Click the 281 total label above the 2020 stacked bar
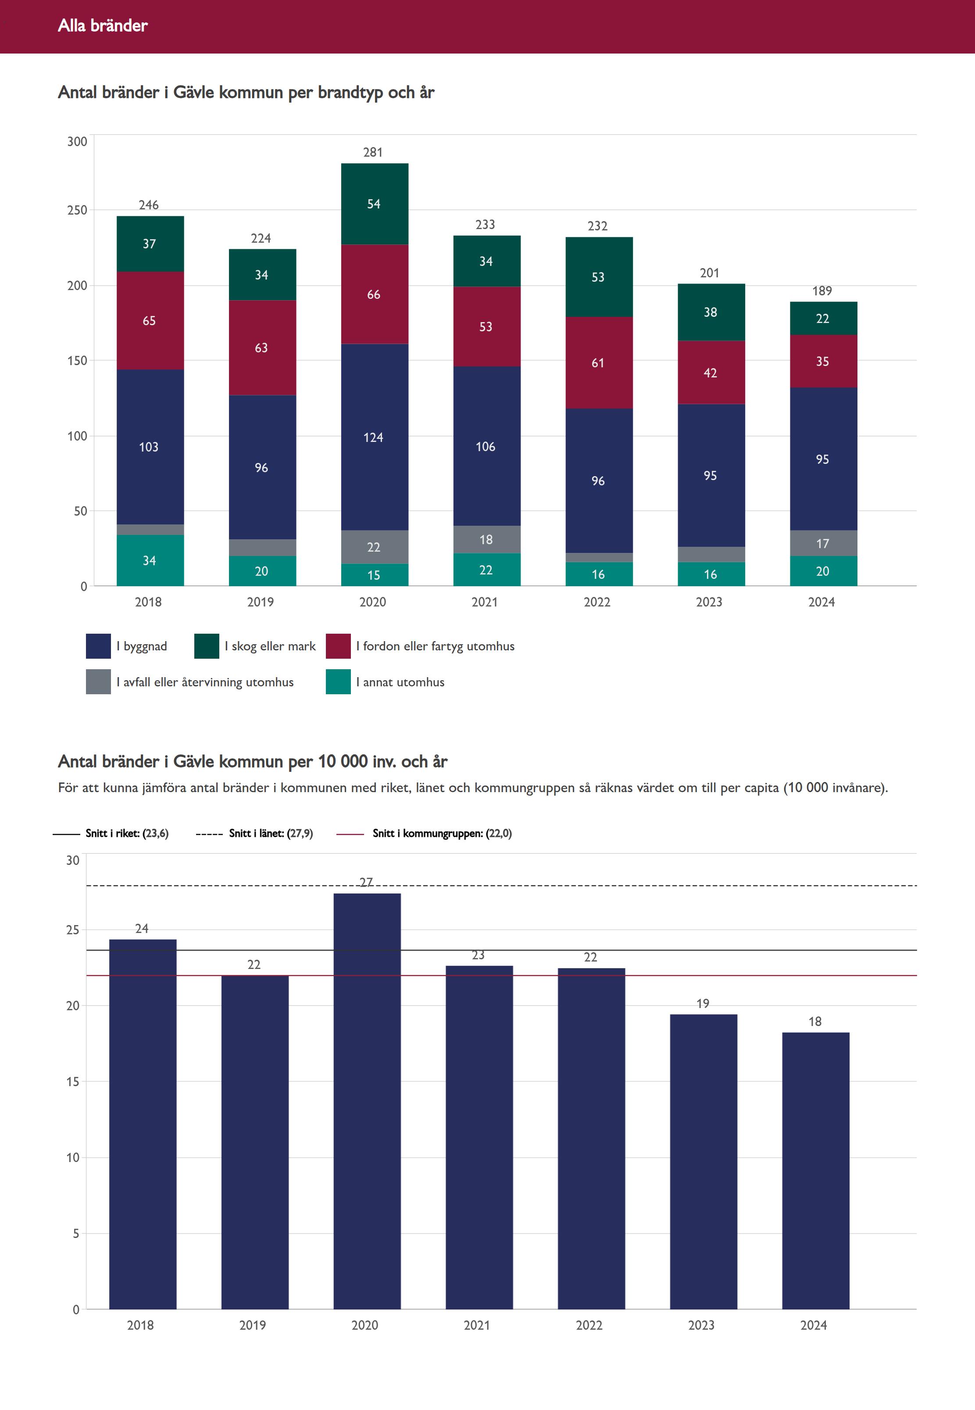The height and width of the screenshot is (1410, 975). tap(373, 152)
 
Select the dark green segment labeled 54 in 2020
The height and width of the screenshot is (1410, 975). tap(374, 204)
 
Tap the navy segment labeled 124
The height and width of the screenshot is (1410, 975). tap(374, 437)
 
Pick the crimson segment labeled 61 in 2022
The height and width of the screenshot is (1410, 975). tap(598, 362)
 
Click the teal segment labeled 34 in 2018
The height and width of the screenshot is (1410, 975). tap(150, 560)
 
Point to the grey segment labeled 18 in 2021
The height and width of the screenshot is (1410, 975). tap(486, 540)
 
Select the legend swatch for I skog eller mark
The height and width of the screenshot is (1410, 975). tap(207, 646)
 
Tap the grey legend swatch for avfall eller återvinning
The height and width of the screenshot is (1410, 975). tap(98, 682)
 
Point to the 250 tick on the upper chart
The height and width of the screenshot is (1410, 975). tap(77, 210)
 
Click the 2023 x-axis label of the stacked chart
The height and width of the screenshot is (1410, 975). tap(709, 602)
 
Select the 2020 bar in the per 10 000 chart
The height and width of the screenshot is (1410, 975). tap(367, 1100)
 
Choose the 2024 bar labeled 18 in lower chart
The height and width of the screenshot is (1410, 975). tap(815, 1170)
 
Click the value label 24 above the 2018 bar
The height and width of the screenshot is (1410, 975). tap(142, 929)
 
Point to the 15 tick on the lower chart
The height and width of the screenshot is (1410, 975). tap(73, 1082)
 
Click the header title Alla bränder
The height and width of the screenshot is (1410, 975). tap(103, 25)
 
